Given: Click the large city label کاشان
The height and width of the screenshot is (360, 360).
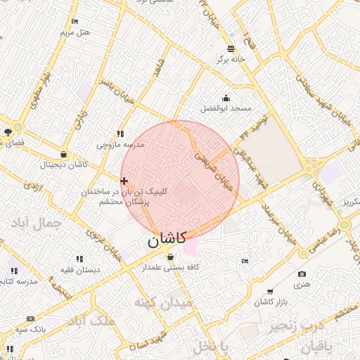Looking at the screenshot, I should (167, 240).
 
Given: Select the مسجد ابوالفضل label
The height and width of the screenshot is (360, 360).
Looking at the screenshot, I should (226, 108).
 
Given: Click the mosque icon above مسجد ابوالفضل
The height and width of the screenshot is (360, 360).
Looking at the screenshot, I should (226, 98).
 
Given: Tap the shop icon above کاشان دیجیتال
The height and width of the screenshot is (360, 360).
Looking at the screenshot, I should (64, 154).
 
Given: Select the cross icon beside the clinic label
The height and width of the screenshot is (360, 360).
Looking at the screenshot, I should (124, 181).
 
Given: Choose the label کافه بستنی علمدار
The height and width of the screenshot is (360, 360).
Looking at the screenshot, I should (172, 267).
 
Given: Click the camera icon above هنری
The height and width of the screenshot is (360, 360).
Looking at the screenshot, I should (302, 274).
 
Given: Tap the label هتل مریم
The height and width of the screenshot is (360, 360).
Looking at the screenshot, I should (75, 32).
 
